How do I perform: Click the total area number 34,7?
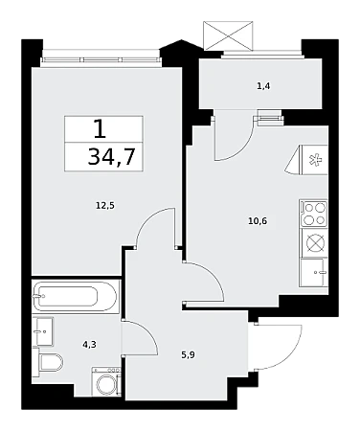(112, 157)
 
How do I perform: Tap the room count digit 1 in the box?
(100, 129)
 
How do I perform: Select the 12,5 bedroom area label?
(105, 206)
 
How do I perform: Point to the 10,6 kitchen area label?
(258, 220)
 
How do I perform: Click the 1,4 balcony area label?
(264, 86)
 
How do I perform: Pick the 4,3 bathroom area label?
(89, 345)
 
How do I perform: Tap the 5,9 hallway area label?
(189, 355)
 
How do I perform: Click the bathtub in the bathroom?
(76, 296)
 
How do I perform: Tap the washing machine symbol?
(106, 382)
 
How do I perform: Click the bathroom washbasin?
(43, 331)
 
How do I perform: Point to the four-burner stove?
(313, 214)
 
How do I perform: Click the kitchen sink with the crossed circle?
(315, 243)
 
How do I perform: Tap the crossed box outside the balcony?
(228, 35)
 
